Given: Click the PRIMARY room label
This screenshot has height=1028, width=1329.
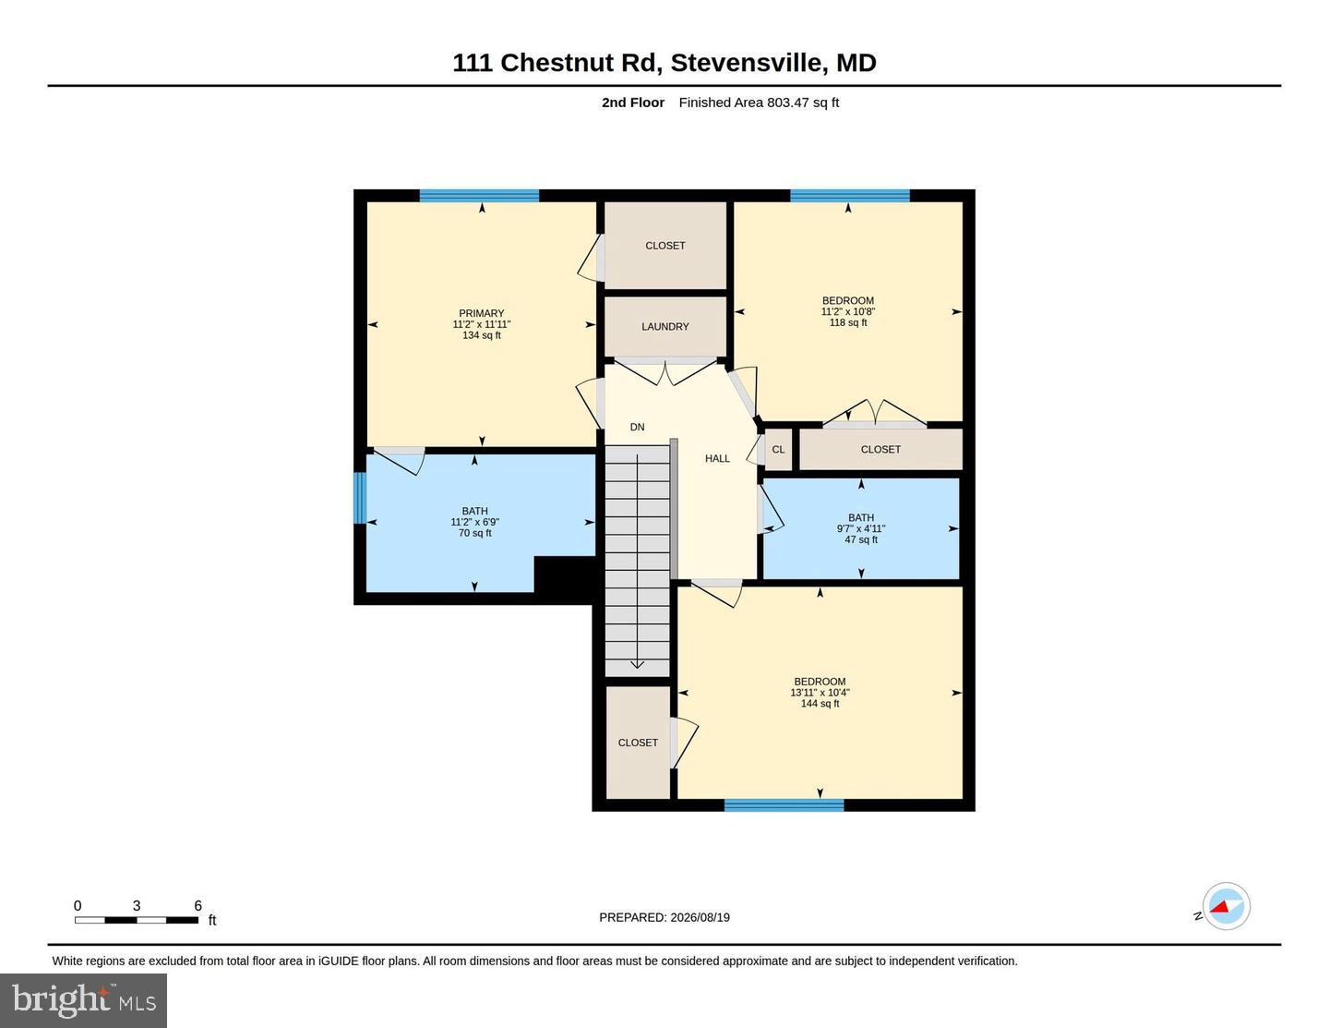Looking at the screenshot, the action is coord(482,313).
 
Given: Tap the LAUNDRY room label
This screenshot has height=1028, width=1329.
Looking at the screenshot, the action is coord(664,327).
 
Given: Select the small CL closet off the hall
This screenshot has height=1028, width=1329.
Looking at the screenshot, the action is coord(778,449).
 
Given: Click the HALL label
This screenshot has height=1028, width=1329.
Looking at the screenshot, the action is coord(717,458).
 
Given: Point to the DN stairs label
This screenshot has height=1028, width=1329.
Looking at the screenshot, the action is coord(638,427).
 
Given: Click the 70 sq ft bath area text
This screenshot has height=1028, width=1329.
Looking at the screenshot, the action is coord(475,533).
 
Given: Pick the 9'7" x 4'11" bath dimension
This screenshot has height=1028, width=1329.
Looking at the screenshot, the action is coord(861,528).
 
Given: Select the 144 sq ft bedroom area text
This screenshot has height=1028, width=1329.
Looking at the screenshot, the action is coord(820,704).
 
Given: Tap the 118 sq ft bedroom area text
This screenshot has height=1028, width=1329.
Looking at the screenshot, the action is coord(848,322).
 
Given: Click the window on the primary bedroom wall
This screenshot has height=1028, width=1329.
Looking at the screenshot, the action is coord(480,196).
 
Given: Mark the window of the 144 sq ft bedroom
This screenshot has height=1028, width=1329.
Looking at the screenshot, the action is coord(784,805).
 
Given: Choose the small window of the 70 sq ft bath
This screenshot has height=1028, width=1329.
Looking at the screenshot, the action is coord(360,498).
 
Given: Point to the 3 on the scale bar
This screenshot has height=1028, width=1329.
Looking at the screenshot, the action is coord(137,905).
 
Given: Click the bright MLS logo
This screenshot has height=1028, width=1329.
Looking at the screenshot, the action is coord(83,1000).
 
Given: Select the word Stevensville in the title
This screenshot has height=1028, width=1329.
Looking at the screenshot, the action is coord(748,63).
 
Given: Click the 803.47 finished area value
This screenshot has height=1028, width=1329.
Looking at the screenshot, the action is coord(788,103).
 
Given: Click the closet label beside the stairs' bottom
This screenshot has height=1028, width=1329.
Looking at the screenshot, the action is coord(638,743).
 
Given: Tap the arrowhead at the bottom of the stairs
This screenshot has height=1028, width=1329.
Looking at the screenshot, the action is coord(638,665).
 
